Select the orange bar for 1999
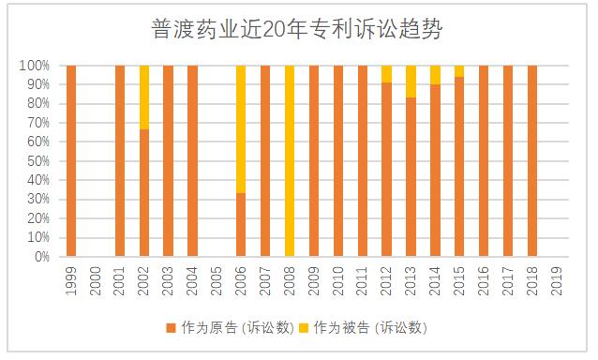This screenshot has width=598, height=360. coord(71,160)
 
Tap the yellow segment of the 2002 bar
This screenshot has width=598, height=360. coord(144,97)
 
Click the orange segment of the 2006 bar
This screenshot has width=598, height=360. coord(241,224)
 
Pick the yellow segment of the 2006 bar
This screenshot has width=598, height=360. coord(241,128)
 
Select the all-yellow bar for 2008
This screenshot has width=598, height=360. coord(290,160)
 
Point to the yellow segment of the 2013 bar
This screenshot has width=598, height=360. coord(411,81)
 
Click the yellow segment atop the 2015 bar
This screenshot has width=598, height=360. coord(459,70)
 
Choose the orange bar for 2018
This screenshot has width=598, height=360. coord(532,160)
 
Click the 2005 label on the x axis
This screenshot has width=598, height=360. coord(217,282)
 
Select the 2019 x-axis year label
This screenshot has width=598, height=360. coord(557,282)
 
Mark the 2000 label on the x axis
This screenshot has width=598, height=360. coord(96,282)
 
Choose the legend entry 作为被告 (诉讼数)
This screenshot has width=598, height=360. coord(371,327)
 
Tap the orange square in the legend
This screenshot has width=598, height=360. coord(171,327)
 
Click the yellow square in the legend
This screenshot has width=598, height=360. coord(306,327)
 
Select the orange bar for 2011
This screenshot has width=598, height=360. coord(362,160)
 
